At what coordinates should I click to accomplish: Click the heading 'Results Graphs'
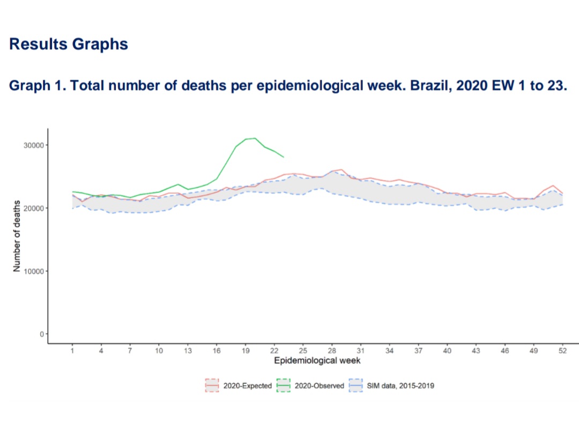coord(69,44)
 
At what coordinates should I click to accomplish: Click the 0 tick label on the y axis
coord(41,334)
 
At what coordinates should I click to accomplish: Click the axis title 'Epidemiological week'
coord(317,361)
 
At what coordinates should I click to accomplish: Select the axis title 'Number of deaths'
coord(17,236)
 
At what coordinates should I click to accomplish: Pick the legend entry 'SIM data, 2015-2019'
coord(397,385)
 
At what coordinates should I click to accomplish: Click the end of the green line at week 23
coord(284,157)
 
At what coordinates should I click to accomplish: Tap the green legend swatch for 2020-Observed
coord(283,385)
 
